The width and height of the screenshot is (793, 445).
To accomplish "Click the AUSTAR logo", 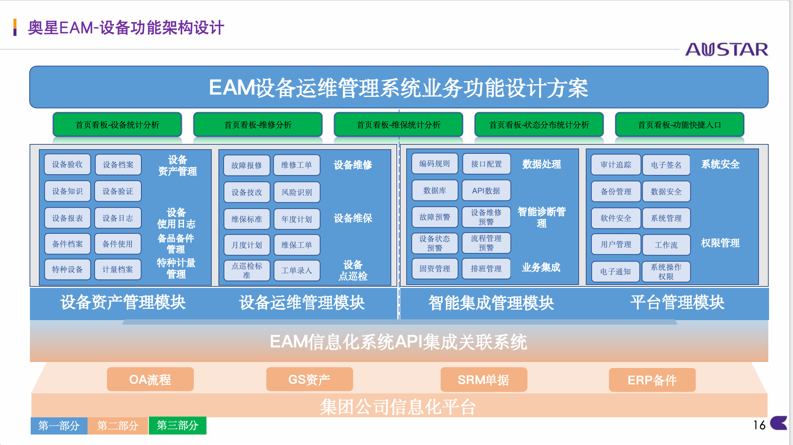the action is [x=726, y=49].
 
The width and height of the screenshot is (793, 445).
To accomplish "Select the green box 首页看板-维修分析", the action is [x=258, y=125].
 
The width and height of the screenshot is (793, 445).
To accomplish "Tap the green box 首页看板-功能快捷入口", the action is [x=679, y=125].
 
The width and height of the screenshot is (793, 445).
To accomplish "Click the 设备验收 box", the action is [x=67, y=165].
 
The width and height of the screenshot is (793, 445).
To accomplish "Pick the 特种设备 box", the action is [x=67, y=269].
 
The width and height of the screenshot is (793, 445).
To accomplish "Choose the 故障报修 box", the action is [x=247, y=165].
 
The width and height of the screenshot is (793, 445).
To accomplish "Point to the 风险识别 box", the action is [x=297, y=192].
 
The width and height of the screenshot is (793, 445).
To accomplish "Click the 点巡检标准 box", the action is [x=247, y=270].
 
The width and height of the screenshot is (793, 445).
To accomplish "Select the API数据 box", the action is [x=486, y=191].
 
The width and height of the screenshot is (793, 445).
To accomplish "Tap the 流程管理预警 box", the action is [x=486, y=243].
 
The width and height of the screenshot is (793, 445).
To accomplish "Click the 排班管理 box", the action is [x=486, y=268].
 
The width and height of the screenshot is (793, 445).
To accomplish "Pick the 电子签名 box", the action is [x=666, y=165].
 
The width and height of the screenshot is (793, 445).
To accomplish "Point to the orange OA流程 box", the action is [x=150, y=380].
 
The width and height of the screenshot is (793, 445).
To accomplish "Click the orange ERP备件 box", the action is [x=652, y=380].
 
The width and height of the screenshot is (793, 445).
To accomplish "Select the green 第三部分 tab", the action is [x=178, y=426].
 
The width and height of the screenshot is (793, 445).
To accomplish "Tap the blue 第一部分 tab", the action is [x=59, y=426].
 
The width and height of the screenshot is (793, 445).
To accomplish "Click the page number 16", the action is [x=759, y=425].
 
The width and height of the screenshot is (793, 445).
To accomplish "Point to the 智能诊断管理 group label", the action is [x=541, y=217].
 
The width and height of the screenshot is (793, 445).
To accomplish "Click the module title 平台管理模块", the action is [x=677, y=302].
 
